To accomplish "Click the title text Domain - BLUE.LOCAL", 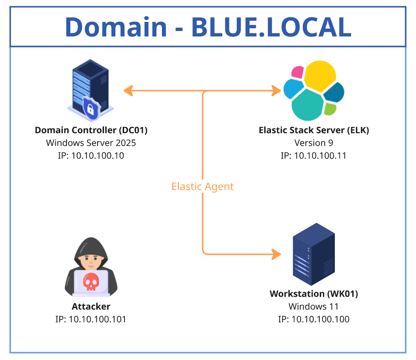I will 208,27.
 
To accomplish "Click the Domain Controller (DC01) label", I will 91,130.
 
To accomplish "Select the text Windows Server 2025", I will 91,143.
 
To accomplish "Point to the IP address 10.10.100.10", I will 91,155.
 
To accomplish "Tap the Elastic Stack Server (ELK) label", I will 314,130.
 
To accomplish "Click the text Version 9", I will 314,143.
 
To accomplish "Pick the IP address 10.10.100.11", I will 314,155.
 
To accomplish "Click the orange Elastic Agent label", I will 203,186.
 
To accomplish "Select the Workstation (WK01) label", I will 314,294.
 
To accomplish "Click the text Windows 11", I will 314,307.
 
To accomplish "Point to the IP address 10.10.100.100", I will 314,319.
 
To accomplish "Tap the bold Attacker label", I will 91,307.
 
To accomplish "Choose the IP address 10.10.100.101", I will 91,319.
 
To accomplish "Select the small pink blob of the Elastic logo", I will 298,72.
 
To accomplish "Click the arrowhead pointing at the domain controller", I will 128,91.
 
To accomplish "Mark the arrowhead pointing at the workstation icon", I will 276,254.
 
